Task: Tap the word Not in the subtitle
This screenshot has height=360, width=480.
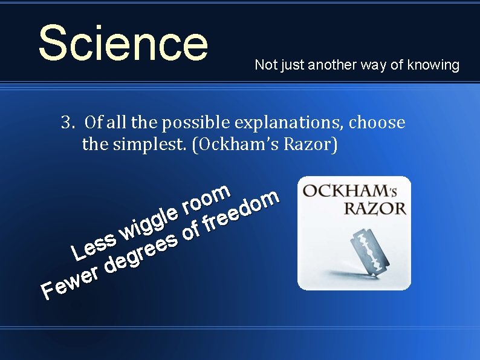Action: (265, 65)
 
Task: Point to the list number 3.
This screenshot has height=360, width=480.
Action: (66, 123)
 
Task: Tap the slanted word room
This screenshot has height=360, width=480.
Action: (206, 200)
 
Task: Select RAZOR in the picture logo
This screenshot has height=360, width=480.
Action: (375, 209)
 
